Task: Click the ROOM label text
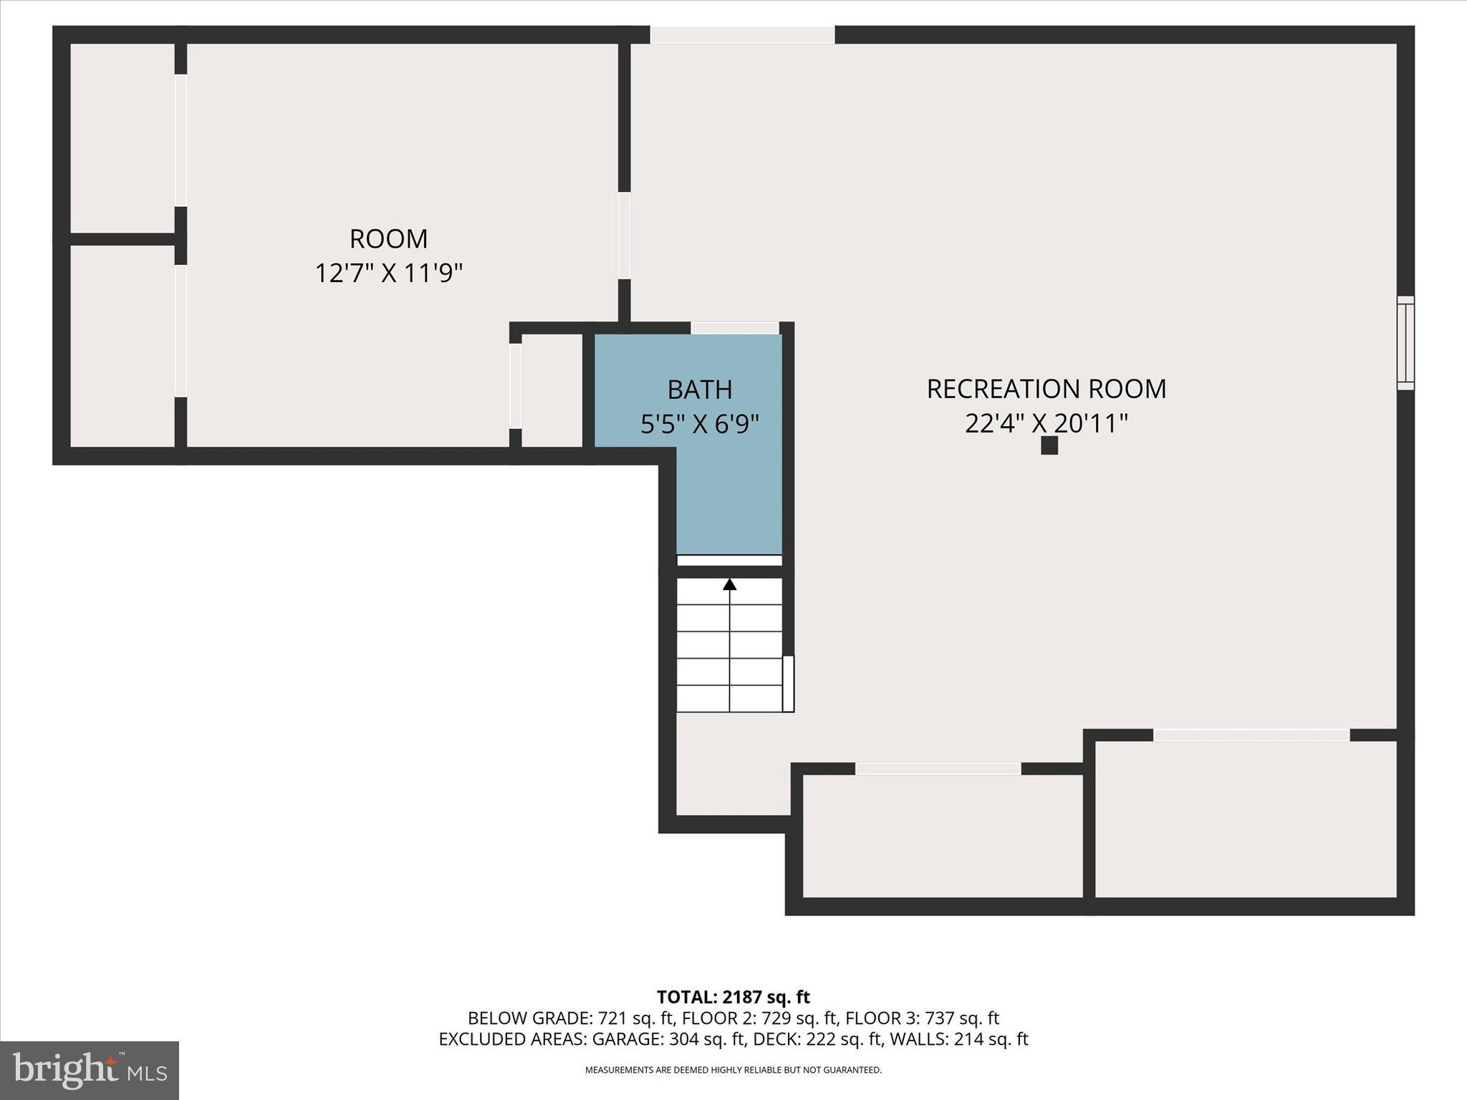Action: [x=388, y=238]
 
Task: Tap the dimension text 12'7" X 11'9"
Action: [x=388, y=273]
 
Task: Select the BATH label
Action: [x=699, y=390]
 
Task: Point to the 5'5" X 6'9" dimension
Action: [x=699, y=424]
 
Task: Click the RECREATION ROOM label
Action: [x=1046, y=389]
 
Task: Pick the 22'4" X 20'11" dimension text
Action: [x=1046, y=423]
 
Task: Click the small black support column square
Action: [x=1049, y=445]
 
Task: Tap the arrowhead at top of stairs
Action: [x=729, y=584]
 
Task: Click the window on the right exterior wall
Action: [x=1405, y=343]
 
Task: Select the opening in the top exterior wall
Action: [x=742, y=34]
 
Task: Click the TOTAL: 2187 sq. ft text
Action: [x=733, y=997]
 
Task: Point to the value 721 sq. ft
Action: [x=637, y=1018]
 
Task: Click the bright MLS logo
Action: [x=90, y=1070]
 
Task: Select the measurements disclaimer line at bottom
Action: [x=733, y=1070]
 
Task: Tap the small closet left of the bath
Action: [x=551, y=390]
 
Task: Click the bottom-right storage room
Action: [x=1246, y=819]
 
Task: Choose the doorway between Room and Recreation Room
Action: [x=624, y=236]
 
